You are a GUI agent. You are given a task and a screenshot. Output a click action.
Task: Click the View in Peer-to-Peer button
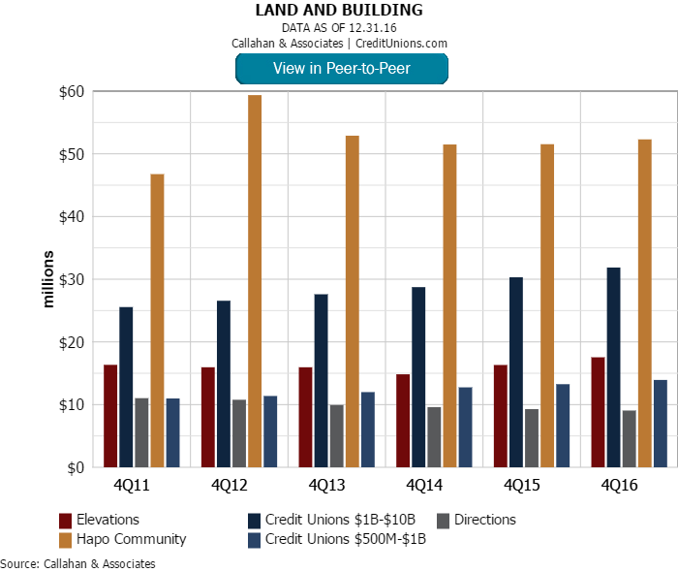click(x=341, y=68)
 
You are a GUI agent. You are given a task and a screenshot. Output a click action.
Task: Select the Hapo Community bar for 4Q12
click(x=254, y=281)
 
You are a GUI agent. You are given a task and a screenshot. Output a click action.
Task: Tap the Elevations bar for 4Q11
click(x=110, y=416)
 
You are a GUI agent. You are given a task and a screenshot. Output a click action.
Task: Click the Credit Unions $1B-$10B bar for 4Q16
click(x=614, y=367)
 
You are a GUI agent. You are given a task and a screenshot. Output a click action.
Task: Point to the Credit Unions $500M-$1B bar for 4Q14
click(x=465, y=427)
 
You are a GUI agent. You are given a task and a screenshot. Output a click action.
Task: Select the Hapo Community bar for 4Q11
click(x=157, y=321)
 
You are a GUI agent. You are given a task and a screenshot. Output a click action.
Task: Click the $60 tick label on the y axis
click(x=71, y=92)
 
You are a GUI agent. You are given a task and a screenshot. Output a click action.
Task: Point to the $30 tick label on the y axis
click(x=71, y=279)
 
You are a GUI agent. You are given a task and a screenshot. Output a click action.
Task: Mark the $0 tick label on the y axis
click(x=75, y=467)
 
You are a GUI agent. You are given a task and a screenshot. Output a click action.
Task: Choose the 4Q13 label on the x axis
click(x=327, y=484)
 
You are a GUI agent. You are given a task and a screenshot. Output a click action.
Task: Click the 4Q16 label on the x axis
click(x=620, y=484)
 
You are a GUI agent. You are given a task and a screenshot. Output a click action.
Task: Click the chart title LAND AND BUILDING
click(x=339, y=10)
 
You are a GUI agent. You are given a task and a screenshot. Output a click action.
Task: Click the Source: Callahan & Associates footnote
click(x=77, y=563)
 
